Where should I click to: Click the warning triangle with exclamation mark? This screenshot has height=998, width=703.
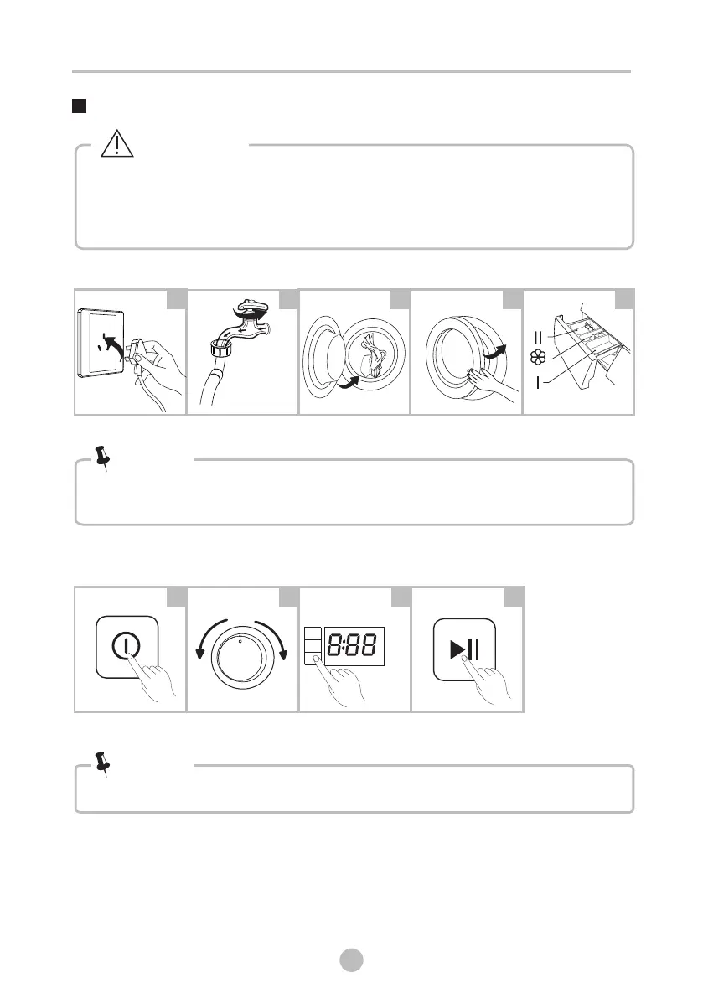point(117,144)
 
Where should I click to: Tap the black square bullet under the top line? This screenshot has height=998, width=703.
point(79,106)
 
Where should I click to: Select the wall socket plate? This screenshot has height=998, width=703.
point(101,344)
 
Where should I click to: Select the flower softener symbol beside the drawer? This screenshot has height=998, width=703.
point(538,358)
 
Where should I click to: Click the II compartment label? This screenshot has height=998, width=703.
point(538,337)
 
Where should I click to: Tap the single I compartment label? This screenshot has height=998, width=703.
point(538,382)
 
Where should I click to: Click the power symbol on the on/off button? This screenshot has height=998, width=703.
point(126,646)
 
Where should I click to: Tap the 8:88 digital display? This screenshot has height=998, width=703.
point(354,646)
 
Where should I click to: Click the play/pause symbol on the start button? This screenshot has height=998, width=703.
point(464,649)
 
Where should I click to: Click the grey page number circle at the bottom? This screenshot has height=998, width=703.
point(351,959)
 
